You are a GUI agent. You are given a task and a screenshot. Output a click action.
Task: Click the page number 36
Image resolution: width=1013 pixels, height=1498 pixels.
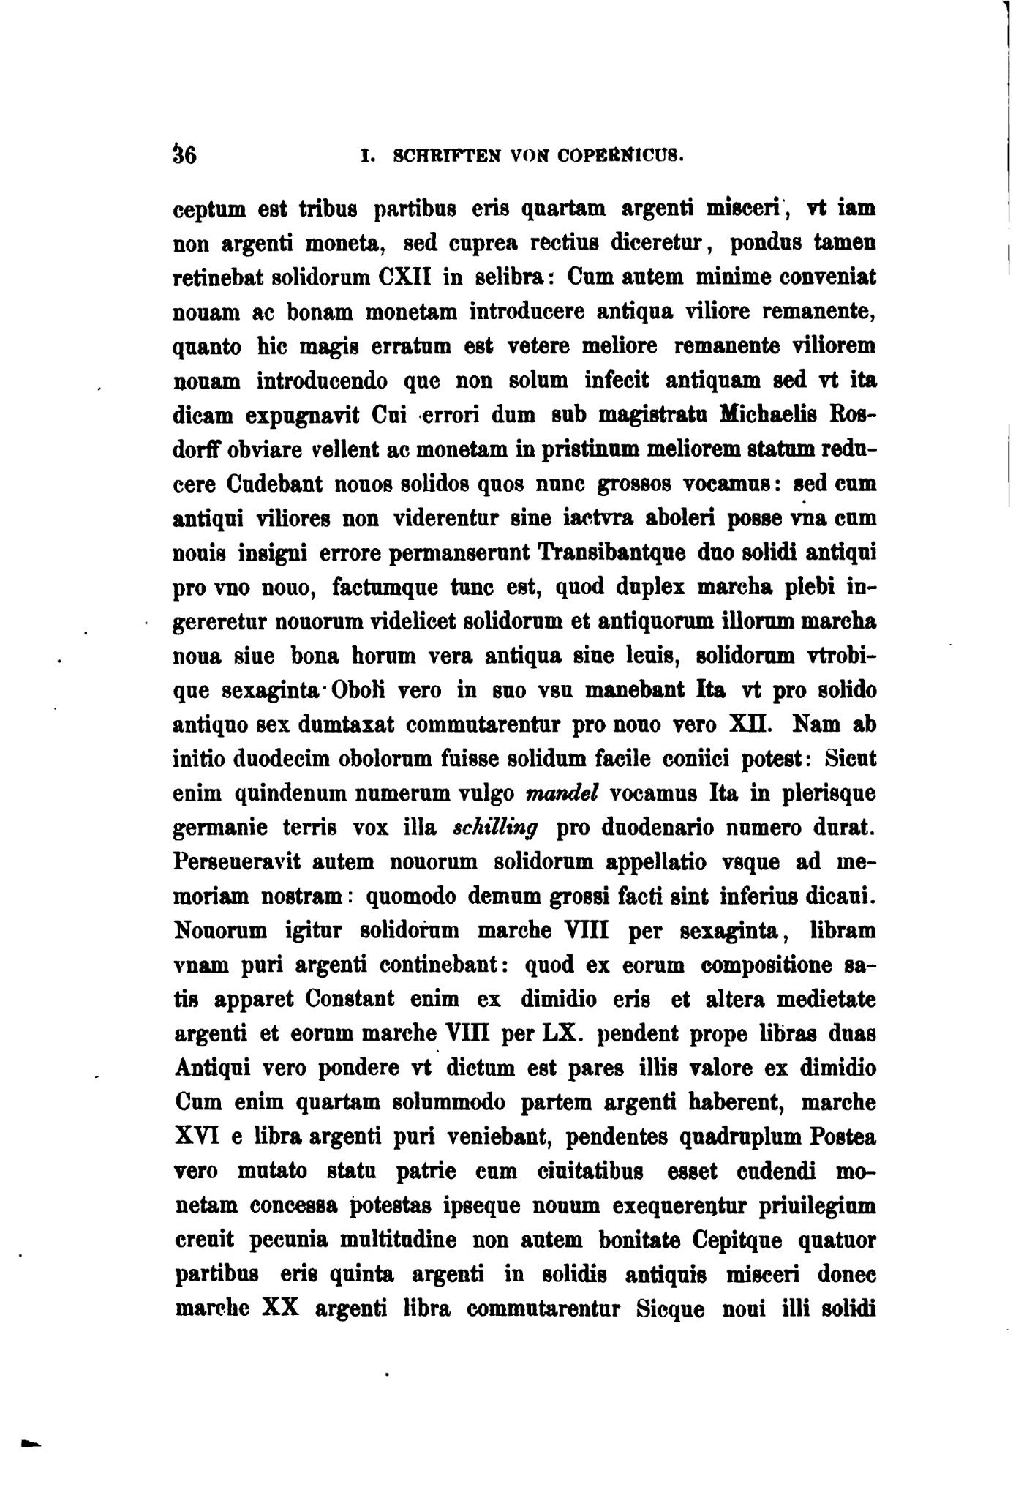tap(184, 156)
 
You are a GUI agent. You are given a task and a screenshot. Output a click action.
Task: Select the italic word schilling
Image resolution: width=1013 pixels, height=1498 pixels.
tap(496, 828)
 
